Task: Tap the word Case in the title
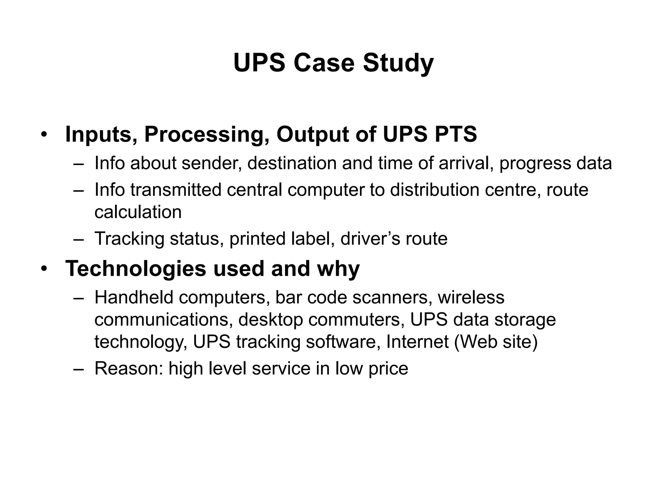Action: click(x=324, y=63)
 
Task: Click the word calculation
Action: click(x=138, y=212)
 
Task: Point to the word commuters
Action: click(x=354, y=320)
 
